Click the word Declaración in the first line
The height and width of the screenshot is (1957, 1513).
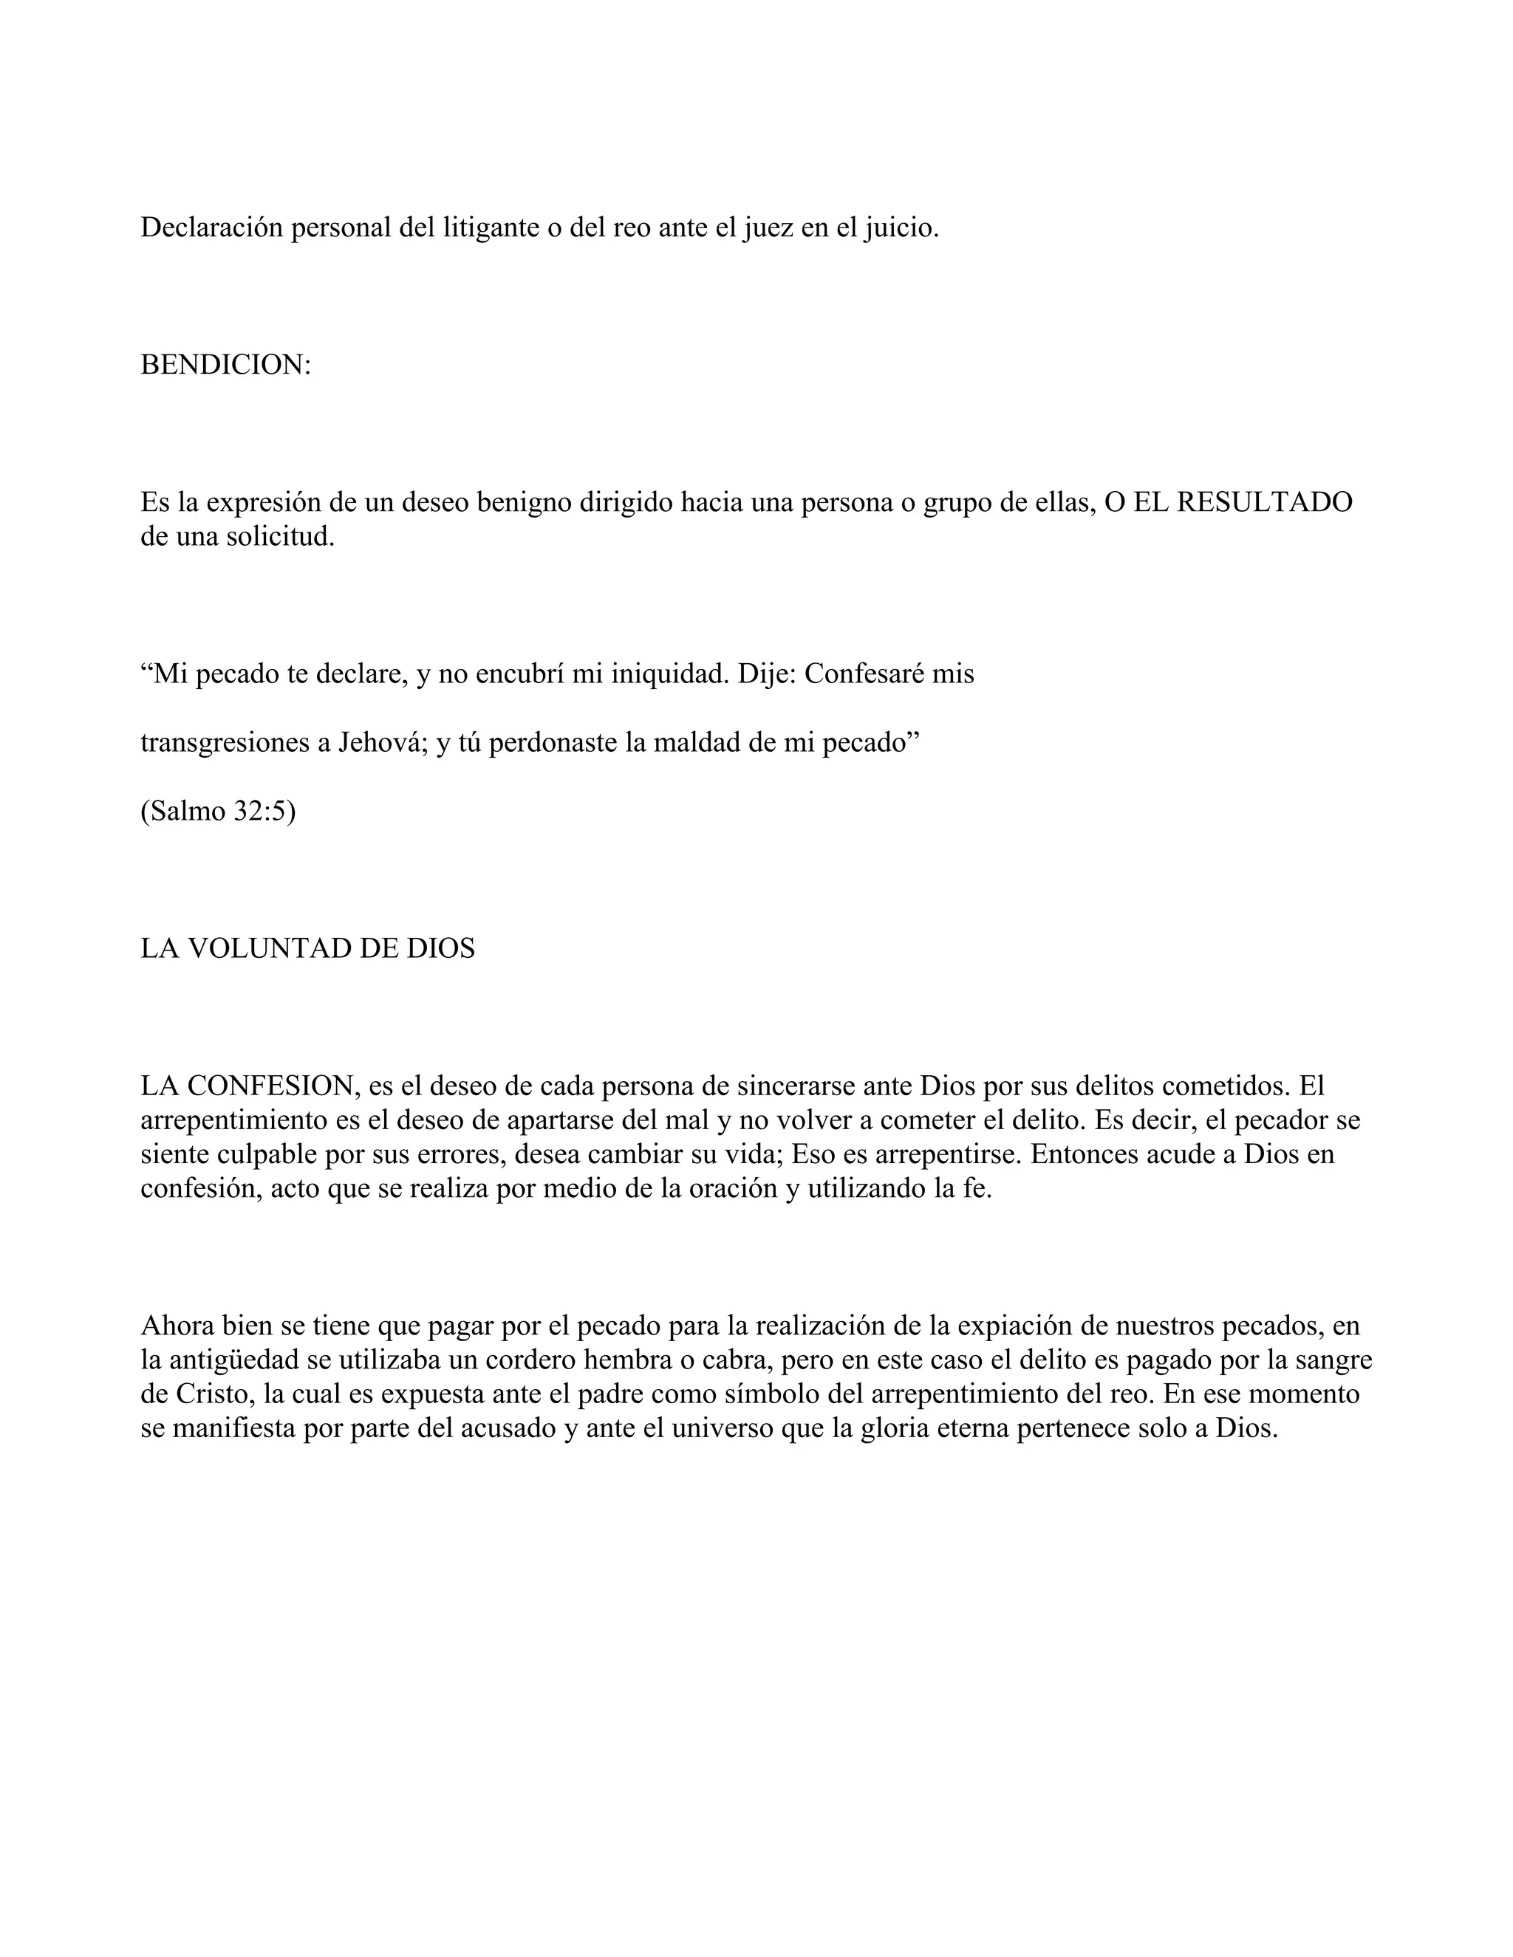pyautogui.click(x=211, y=227)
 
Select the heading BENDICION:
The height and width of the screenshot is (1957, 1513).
pyautogui.click(x=226, y=365)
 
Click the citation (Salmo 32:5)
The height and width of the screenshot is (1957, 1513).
pyautogui.click(x=218, y=811)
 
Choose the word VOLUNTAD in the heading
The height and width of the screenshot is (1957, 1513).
pyautogui.click(x=270, y=948)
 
